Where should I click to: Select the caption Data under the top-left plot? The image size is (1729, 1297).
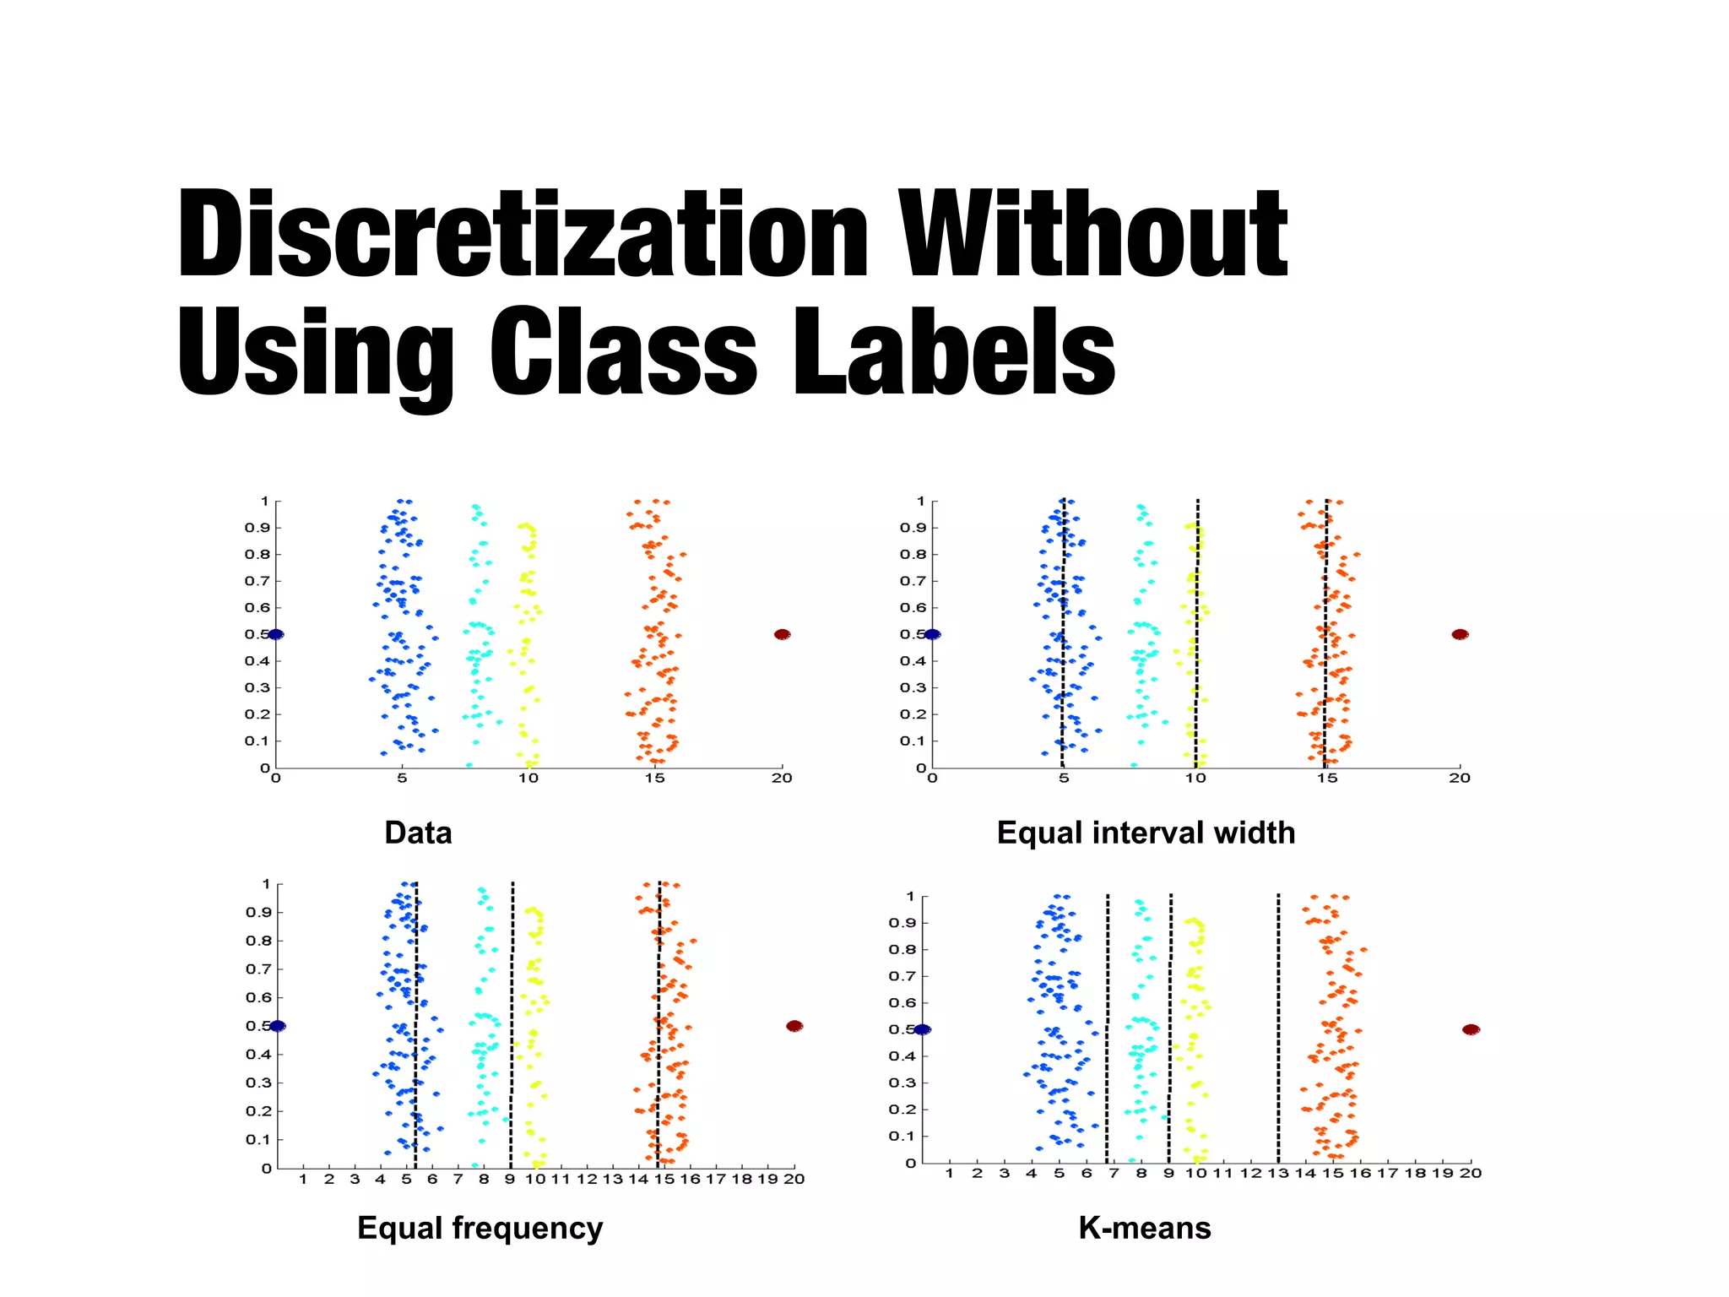pos(418,833)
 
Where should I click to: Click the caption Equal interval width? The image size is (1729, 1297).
pos(1146,833)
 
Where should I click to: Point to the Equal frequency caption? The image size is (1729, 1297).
pos(480,1228)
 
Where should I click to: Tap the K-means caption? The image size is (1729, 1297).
pos(1145,1228)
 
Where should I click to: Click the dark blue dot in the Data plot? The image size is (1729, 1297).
pos(275,634)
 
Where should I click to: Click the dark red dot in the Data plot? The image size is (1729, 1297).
pos(782,634)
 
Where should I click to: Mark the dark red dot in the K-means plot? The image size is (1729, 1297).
pos(1471,1029)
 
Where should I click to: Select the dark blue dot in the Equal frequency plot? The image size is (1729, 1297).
pos(278,1026)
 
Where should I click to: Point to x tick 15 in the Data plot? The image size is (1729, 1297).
pos(655,779)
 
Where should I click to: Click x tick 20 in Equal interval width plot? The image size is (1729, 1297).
pos(1460,779)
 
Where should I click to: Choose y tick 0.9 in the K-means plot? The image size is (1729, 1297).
pos(902,923)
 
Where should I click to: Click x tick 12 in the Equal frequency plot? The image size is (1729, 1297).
pos(587,1179)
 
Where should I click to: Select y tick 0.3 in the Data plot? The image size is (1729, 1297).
pos(257,687)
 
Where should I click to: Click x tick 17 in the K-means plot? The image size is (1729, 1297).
pos(1388,1173)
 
